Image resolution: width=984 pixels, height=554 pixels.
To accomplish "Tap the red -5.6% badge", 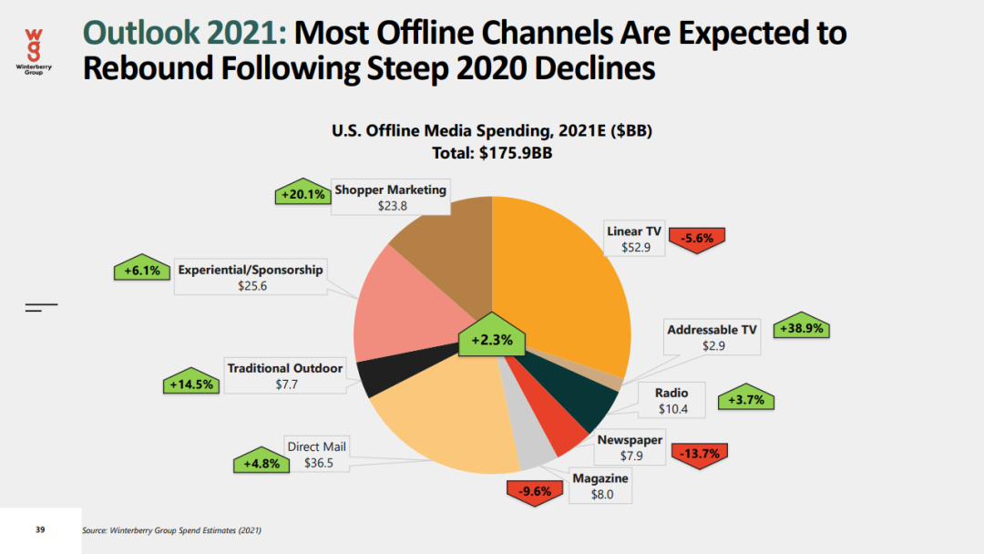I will point(696,239).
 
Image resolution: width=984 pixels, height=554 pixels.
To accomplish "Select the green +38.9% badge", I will point(803,328).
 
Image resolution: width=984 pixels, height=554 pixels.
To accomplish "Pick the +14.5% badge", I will point(191,384).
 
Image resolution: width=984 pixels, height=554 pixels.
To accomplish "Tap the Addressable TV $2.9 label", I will point(712,338).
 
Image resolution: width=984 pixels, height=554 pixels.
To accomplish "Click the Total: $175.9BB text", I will point(491,153).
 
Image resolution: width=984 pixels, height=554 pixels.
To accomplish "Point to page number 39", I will point(40,529).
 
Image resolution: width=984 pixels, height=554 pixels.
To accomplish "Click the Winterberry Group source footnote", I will point(177,530).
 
